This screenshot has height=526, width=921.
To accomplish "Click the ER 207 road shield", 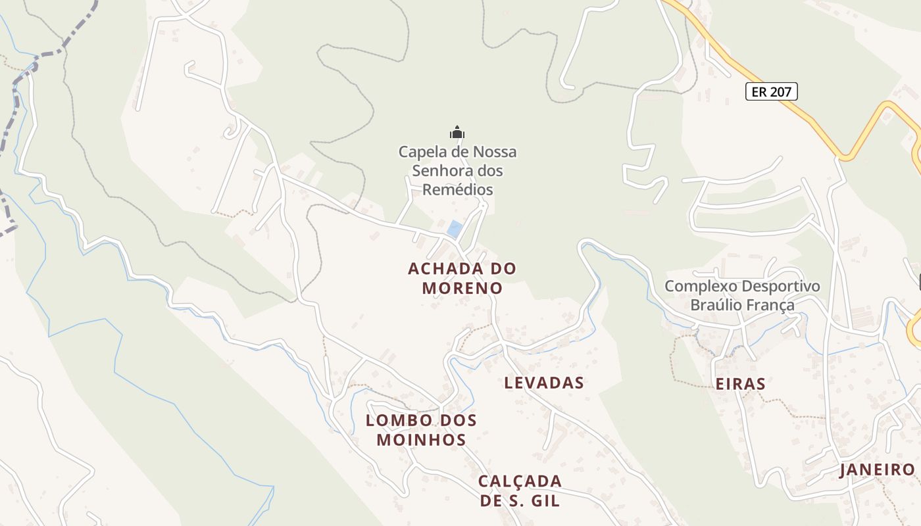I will point(771,91).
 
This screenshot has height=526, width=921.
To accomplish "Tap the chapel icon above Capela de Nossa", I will point(457,133).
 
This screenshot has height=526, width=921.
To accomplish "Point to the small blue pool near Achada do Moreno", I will point(454,229).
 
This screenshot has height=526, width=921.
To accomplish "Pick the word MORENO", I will point(462,288).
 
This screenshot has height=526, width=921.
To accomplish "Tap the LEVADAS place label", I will point(544,383).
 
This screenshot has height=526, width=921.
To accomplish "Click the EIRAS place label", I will point(740,384).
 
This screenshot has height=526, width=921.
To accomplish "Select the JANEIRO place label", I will point(878,469).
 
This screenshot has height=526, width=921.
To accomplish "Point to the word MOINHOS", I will point(421,439).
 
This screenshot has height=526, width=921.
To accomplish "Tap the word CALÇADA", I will point(520,481).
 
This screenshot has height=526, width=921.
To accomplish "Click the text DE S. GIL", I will point(520,500).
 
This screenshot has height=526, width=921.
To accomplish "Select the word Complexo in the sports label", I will point(701,286).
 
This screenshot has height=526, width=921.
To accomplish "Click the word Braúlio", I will point(720,305).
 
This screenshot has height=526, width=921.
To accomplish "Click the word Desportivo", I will point(780,286).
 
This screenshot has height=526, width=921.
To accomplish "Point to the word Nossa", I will point(495,152).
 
